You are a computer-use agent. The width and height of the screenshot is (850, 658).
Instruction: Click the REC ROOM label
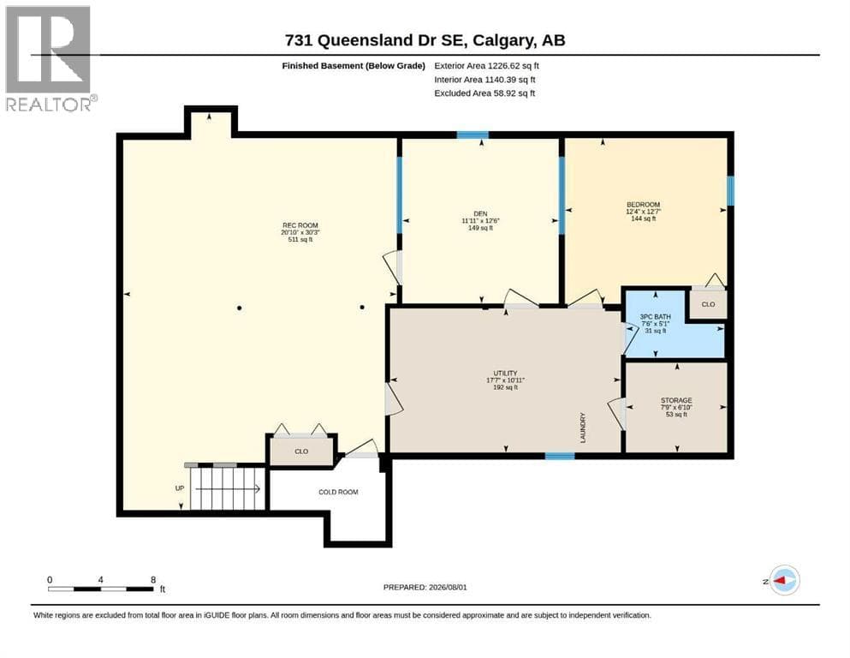(x=300, y=225)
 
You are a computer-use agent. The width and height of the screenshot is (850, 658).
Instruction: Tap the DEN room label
(x=480, y=213)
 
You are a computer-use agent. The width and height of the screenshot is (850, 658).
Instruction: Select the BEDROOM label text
(x=644, y=205)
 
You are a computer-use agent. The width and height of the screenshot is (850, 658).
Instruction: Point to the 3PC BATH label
(x=656, y=316)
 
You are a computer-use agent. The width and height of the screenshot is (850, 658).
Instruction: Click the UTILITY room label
(x=505, y=374)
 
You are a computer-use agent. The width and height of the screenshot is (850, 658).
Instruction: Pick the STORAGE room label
(x=676, y=400)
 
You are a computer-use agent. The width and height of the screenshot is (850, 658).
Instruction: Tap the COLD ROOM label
(x=338, y=492)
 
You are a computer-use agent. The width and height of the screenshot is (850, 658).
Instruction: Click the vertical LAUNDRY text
(x=583, y=428)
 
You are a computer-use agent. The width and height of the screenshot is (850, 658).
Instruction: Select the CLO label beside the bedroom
(x=709, y=304)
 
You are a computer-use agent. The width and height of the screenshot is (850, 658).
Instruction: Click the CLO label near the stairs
(x=301, y=452)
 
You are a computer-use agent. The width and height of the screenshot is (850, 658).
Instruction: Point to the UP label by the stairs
(x=180, y=488)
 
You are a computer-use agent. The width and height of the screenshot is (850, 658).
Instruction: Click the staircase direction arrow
(x=229, y=488)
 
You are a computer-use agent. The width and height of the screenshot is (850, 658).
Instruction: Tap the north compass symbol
(x=784, y=580)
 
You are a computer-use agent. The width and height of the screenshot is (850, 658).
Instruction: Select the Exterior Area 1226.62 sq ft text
(x=487, y=66)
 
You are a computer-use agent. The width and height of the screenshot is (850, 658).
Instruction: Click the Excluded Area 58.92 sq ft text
(x=484, y=93)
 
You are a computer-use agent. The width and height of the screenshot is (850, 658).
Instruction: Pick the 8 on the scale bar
(x=153, y=580)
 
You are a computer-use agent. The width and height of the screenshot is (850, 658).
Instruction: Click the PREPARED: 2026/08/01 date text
(x=425, y=587)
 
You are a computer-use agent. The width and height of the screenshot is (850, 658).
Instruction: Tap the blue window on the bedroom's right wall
(x=730, y=191)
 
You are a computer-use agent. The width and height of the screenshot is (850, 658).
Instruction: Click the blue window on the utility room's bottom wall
(x=560, y=456)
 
